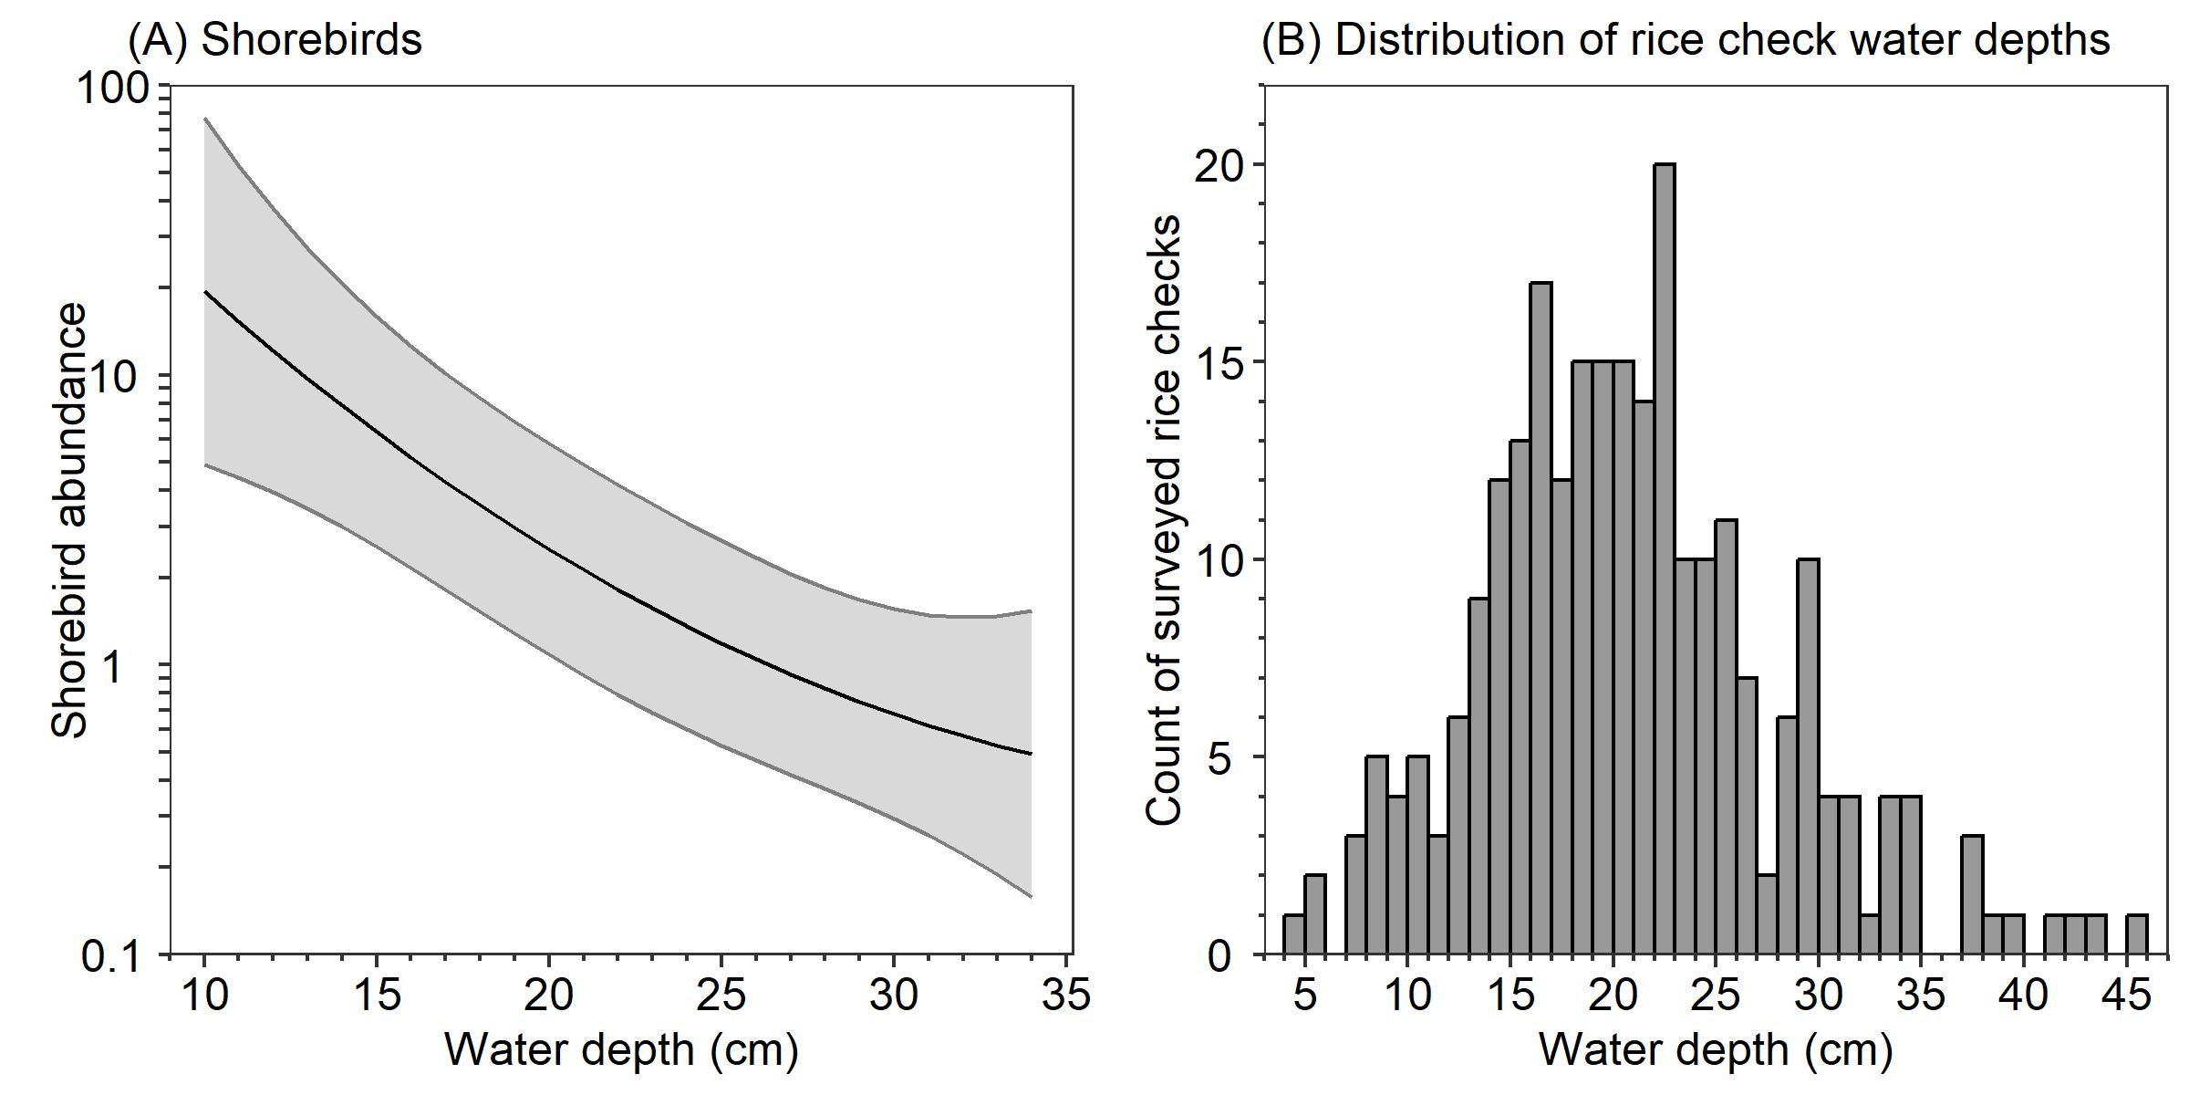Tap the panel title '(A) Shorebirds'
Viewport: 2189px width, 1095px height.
[x=275, y=40]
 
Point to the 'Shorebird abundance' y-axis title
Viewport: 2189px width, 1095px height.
[x=69, y=520]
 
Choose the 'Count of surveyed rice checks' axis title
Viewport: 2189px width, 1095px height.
[x=1163, y=520]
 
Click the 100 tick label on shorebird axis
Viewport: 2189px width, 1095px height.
[x=112, y=89]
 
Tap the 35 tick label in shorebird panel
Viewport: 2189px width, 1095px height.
[x=1065, y=996]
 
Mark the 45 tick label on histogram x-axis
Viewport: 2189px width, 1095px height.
[x=2126, y=996]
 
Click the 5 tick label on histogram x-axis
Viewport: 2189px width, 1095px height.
[x=1305, y=996]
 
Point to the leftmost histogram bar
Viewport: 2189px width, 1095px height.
[x=1294, y=934]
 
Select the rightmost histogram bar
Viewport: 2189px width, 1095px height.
[x=2137, y=934]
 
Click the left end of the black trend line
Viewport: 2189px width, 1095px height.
[x=205, y=292]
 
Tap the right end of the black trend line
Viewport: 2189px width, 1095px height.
[x=1031, y=754]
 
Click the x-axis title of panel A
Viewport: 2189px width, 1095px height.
[x=621, y=1050]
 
